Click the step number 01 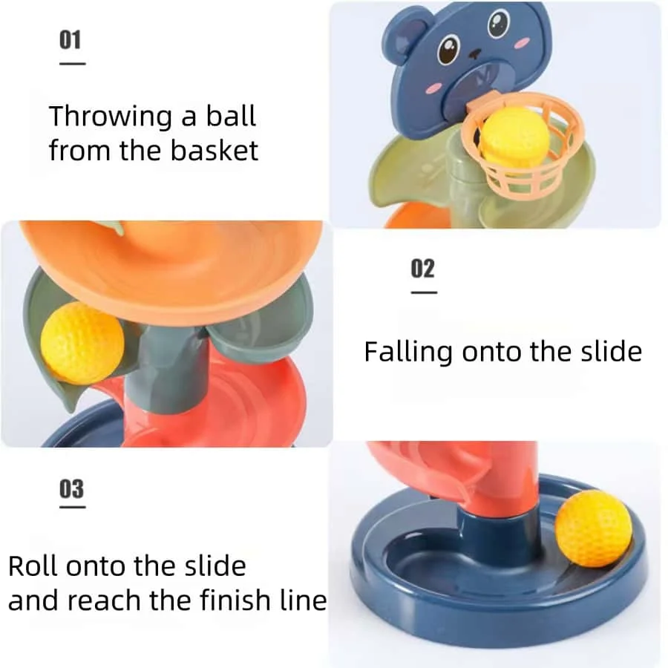(71, 39)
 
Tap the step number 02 (422, 269)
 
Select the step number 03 (71, 489)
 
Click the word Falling (407, 351)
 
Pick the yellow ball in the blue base (593, 528)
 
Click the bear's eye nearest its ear (448, 52)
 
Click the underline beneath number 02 (424, 292)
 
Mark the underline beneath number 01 (72, 64)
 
